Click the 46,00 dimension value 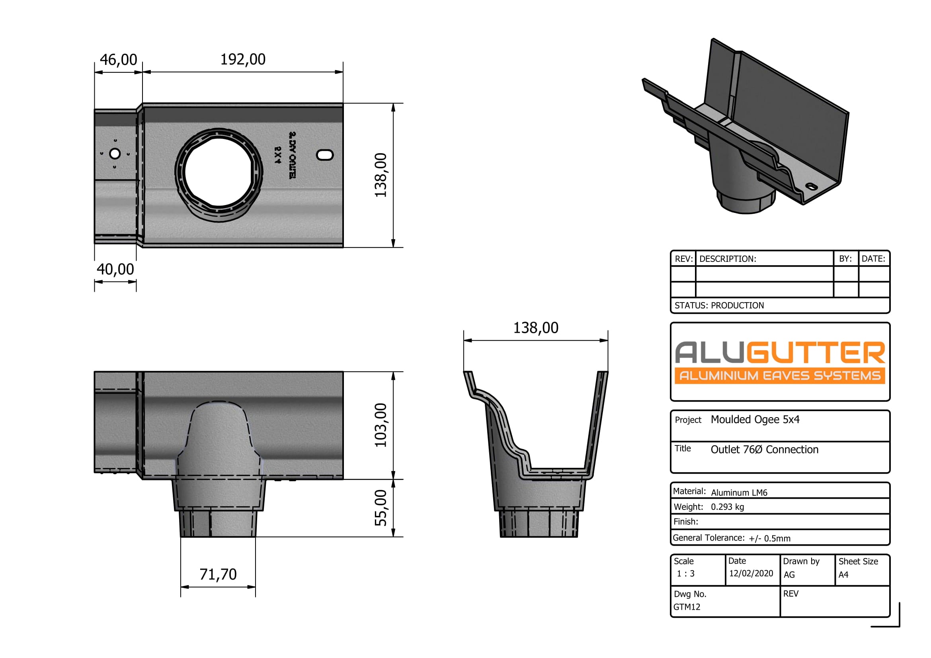pyautogui.click(x=118, y=60)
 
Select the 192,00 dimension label pyautogui.click(x=242, y=60)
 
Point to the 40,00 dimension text pyautogui.click(x=115, y=269)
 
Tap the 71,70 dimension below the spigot pyautogui.click(x=218, y=574)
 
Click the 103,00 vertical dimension pyautogui.click(x=381, y=425)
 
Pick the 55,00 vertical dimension pyautogui.click(x=381, y=508)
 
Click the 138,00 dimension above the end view pyautogui.click(x=535, y=328)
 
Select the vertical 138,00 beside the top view pyautogui.click(x=381, y=175)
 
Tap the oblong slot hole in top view pyautogui.click(x=324, y=154)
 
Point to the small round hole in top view pyautogui.click(x=115, y=154)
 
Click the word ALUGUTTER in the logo pyautogui.click(x=779, y=353)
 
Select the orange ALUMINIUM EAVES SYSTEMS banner pyautogui.click(x=779, y=376)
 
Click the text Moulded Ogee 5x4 pyautogui.click(x=755, y=420)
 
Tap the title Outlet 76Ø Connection pyautogui.click(x=764, y=449)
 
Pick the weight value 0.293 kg pyautogui.click(x=727, y=507)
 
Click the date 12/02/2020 pyautogui.click(x=751, y=574)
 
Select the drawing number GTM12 pyautogui.click(x=687, y=607)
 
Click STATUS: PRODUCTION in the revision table pyautogui.click(x=719, y=306)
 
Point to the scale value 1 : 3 pyautogui.click(x=685, y=574)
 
